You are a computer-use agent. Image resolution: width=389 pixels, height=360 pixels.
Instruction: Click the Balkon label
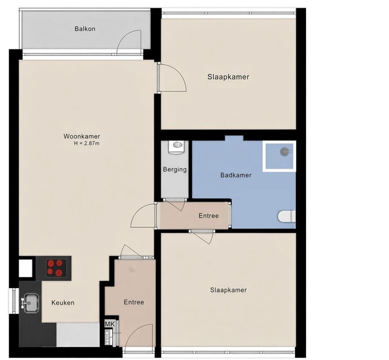(x=85, y=29)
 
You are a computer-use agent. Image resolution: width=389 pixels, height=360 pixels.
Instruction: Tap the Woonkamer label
(x=82, y=136)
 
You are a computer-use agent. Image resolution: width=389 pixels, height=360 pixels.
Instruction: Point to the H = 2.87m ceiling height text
(x=87, y=143)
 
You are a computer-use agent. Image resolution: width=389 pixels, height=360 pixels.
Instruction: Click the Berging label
(x=174, y=169)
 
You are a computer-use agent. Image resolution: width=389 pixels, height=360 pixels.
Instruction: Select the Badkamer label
(x=236, y=175)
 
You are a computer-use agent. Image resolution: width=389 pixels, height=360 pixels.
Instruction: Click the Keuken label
(x=63, y=303)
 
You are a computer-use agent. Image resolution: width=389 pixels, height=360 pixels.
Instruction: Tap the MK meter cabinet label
(x=110, y=324)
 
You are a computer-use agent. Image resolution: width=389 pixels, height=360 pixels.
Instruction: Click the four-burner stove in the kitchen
(x=55, y=268)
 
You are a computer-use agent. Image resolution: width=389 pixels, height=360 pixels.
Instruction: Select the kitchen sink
(x=30, y=303)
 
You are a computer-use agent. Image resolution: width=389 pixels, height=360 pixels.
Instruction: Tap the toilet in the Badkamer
(x=287, y=216)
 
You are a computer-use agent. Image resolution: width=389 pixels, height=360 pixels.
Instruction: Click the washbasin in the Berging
(x=176, y=147)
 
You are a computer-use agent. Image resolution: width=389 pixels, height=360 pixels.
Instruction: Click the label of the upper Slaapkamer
(x=228, y=77)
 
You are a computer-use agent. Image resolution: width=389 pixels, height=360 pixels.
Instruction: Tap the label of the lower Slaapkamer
(x=228, y=290)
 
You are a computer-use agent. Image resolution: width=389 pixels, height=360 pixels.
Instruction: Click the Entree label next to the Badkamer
(x=209, y=216)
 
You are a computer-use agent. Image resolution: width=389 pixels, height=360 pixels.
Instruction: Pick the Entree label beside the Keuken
(x=134, y=302)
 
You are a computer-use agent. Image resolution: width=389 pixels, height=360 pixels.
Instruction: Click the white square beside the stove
(x=25, y=268)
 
